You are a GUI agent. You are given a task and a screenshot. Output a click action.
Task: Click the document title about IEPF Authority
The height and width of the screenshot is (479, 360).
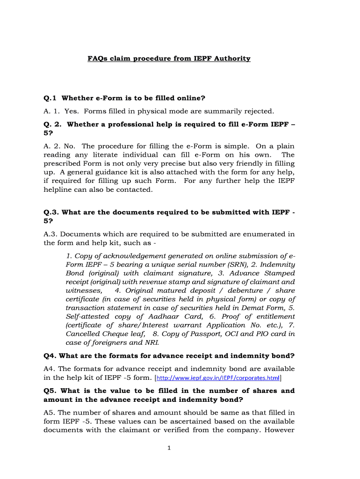(169, 58)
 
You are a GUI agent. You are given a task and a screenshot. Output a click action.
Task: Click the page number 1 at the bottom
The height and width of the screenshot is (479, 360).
(169, 448)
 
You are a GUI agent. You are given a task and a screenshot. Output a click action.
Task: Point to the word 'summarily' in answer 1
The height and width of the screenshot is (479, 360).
(215, 111)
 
